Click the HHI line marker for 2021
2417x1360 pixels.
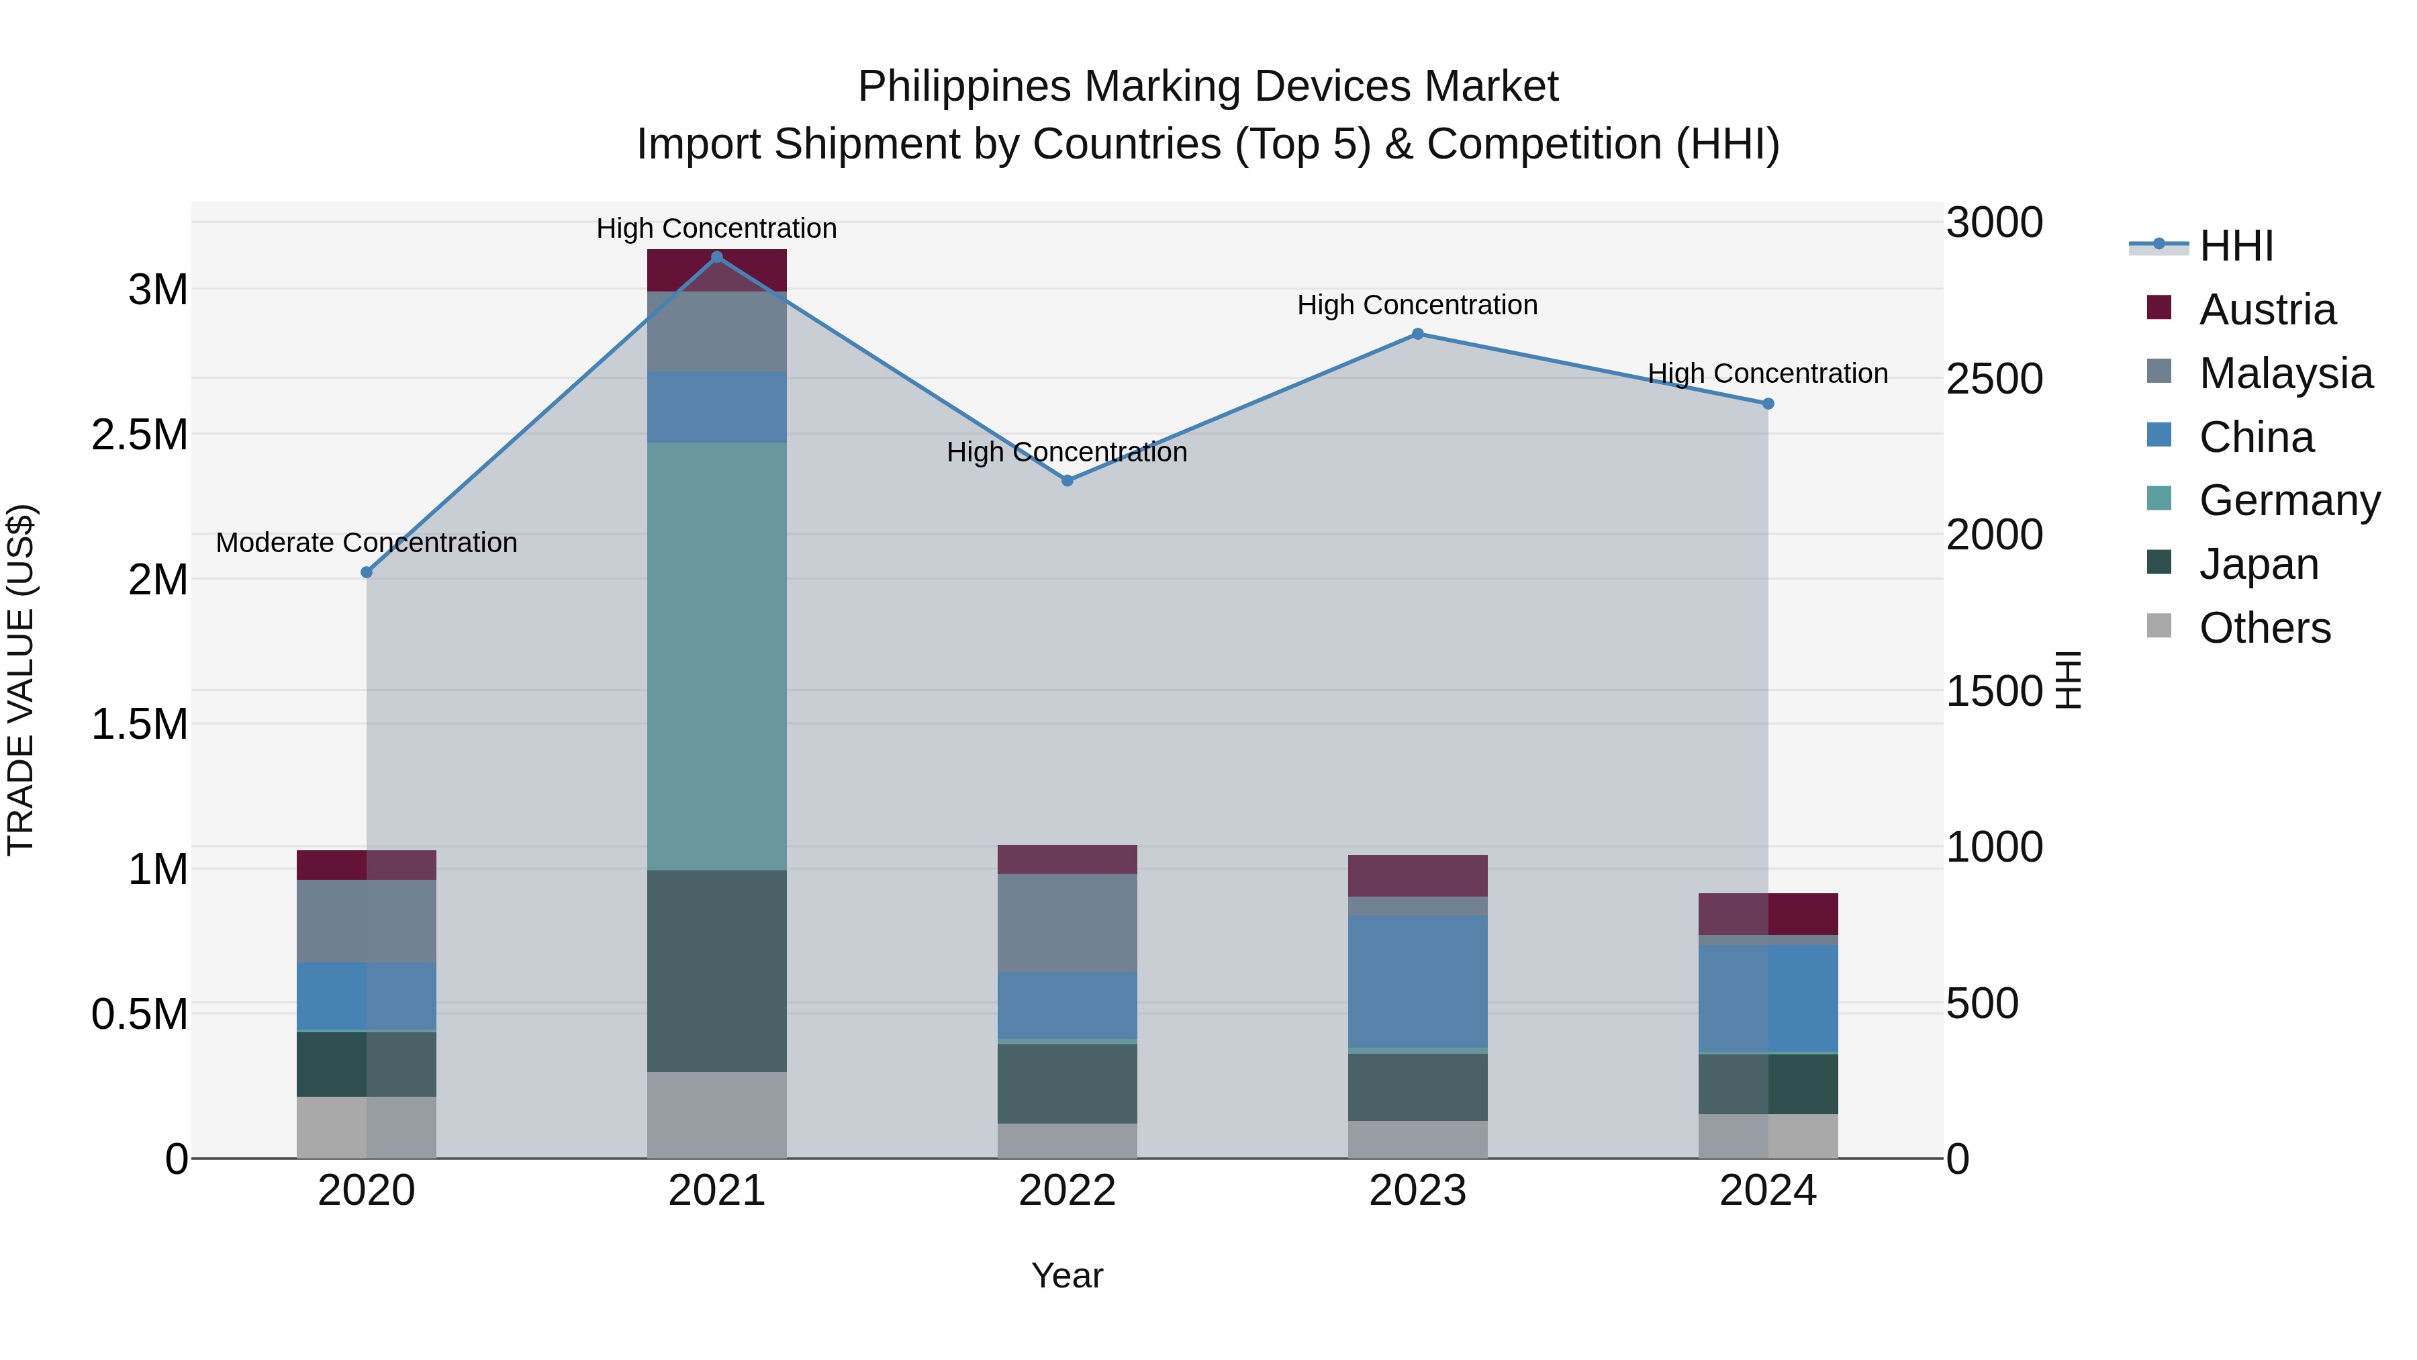click(717, 257)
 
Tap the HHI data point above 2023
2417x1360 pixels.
click(1418, 334)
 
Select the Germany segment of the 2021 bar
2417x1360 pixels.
click(717, 656)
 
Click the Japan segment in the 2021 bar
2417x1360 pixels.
click(717, 970)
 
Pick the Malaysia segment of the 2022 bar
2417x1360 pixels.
click(1067, 923)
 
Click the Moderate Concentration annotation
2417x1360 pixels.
click(366, 543)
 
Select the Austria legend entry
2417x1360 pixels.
click(2266, 310)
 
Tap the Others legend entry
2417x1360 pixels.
click(2264, 628)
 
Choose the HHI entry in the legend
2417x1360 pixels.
click(2235, 246)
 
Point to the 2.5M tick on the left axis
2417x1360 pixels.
click(139, 435)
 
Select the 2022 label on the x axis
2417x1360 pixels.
click(1067, 1191)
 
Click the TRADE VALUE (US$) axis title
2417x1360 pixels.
click(21, 680)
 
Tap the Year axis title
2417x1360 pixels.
click(1067, 1275)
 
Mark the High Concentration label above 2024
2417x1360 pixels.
click(1768, 373)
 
